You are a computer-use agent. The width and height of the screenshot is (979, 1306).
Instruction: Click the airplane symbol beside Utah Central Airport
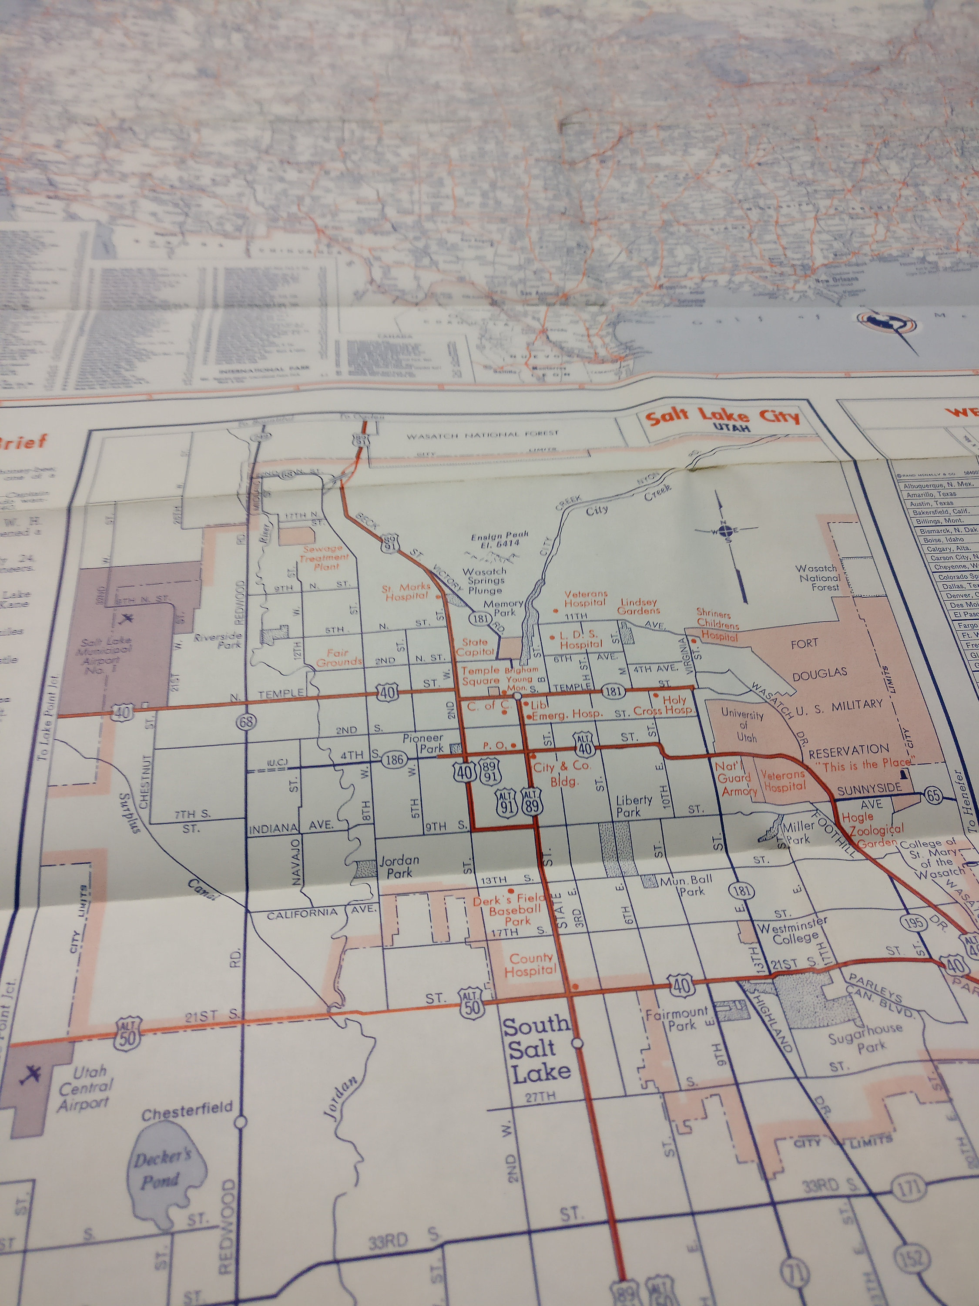(x=30, y=1074)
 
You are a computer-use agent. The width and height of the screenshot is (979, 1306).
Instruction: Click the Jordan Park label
(x=399, y=866)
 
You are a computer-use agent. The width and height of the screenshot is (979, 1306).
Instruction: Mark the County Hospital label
(x=530, y=964)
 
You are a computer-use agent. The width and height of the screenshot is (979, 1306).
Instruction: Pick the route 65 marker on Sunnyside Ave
(x=933, y=795)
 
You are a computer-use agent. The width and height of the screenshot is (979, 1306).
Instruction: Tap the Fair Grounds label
(x=339, y=657)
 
